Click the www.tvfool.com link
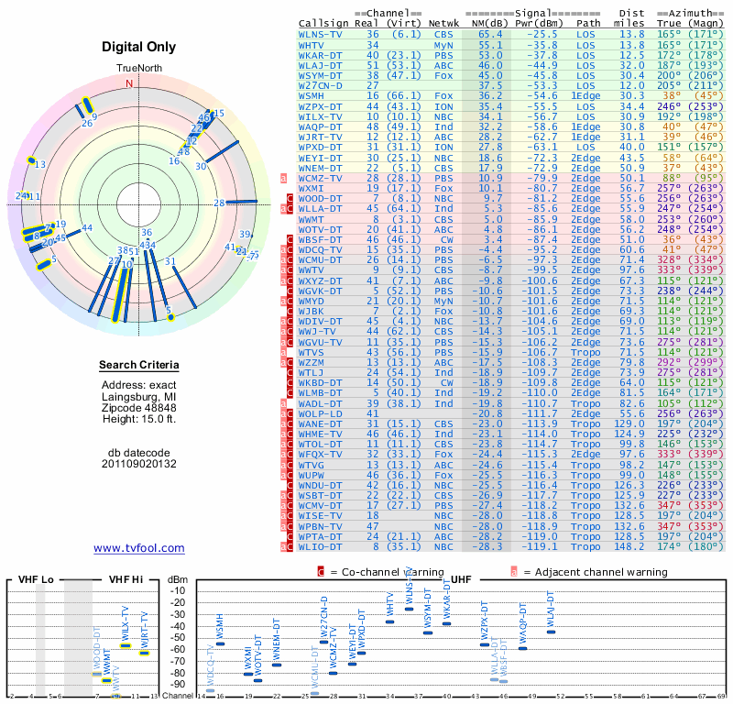tap(139, 548)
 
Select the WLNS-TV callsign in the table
tap(322, 34)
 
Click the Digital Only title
tap(139, 46)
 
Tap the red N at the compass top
tap(129, 83)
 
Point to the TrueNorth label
tap(139, 69)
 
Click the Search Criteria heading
tap(139, 366)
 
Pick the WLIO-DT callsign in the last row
tap(322, 546)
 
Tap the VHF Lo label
tap(38, 580)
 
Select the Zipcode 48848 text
tap(139, 408)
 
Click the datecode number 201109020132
tap(139, 464)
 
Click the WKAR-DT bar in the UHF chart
tap(446, 623)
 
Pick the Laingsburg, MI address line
tap(139, 396)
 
